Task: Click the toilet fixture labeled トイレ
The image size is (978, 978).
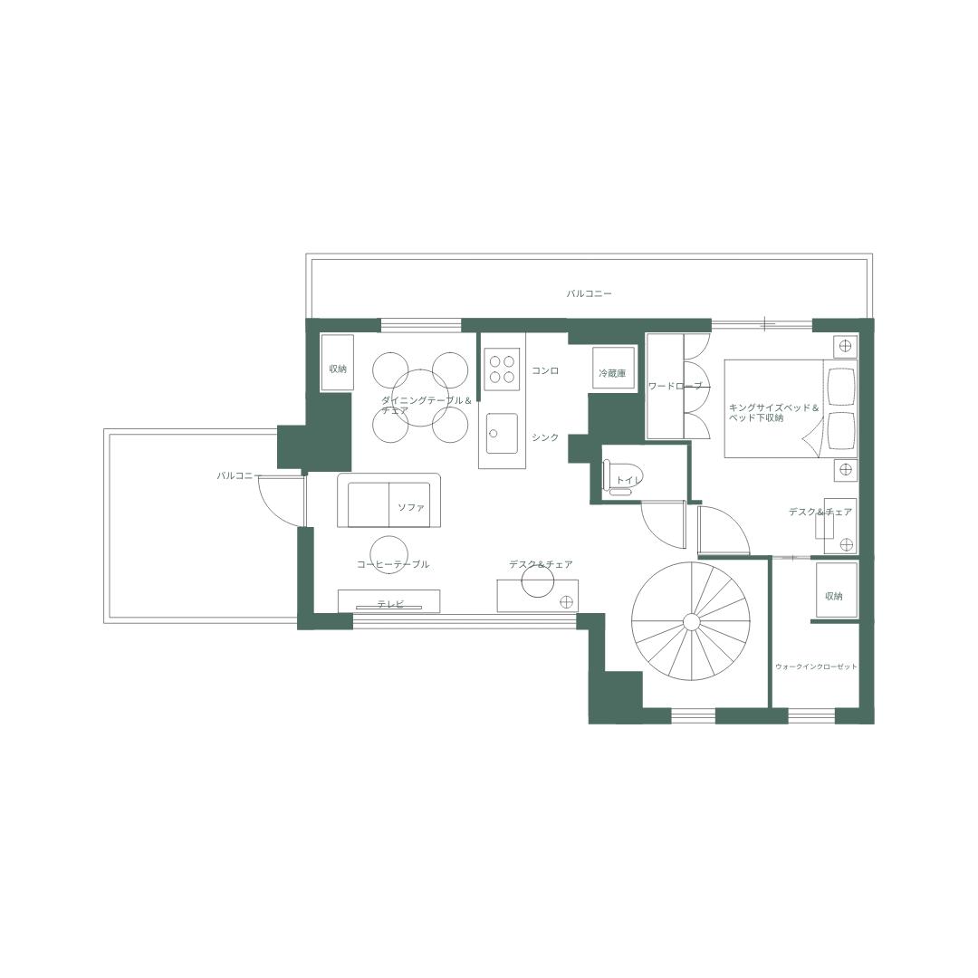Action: [x=619, y=479]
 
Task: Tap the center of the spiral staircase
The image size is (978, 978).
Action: [x=690, y=621]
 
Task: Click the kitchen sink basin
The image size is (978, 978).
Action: [x=502, y=434]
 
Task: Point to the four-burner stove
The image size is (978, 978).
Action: [x=502, y=368]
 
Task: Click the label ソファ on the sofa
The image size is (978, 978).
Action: [x=411, y=507]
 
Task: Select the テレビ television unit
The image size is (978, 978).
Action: [x=389, y=602]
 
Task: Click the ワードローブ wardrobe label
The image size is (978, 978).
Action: [x=675, y=387]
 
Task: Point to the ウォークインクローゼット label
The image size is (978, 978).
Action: [x=816, y=666]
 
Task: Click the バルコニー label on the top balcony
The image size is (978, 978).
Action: [x=590, y=293]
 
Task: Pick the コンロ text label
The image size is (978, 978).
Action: [x=545, y=371]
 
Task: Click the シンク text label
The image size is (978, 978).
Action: [x=545, y=437]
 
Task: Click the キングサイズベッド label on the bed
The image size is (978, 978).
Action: [x=773, y=408]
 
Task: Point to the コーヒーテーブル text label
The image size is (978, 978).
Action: [x=393, y=565]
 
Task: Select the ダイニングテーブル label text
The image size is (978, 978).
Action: [x=426, y=400]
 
